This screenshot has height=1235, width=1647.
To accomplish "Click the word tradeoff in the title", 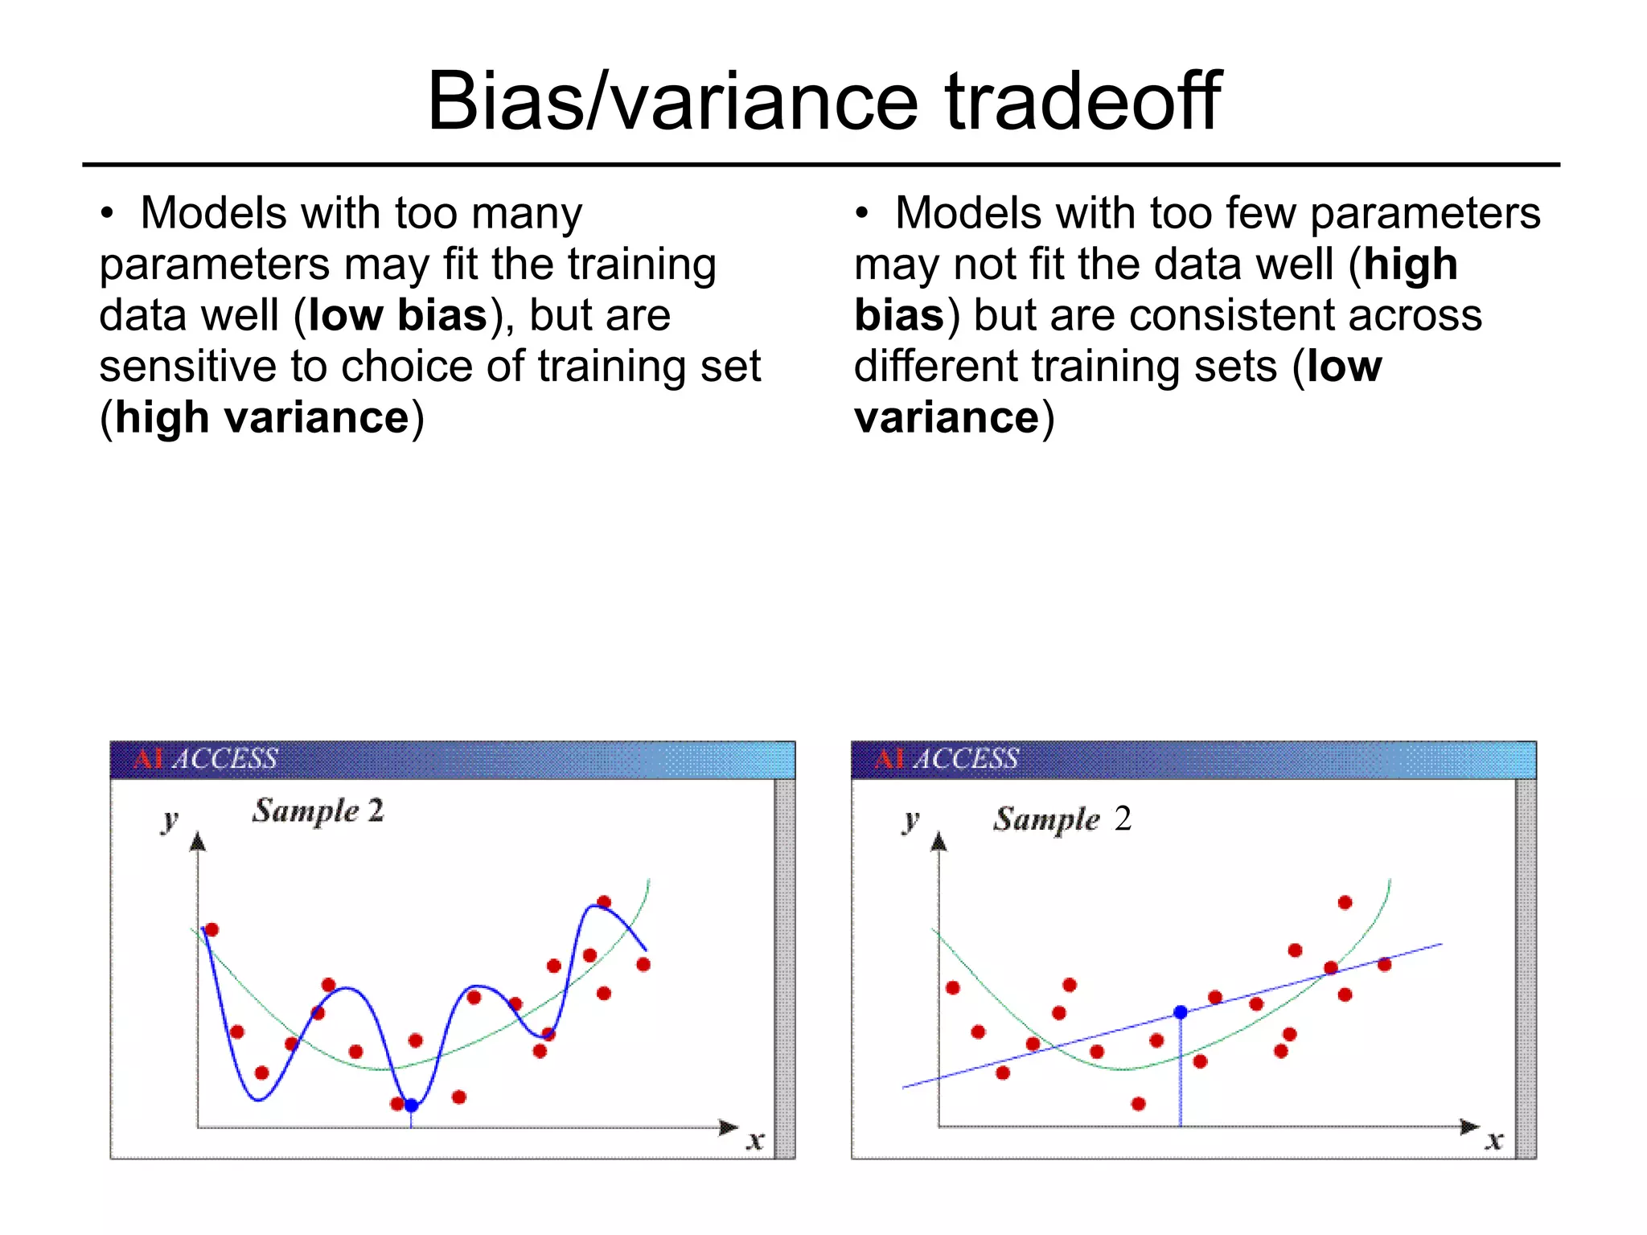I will pyautogui.click(x=1082, y=102).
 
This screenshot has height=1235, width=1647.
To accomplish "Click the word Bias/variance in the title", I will pyautogui.click(x=672, y=102).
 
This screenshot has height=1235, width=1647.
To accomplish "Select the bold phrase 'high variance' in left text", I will pyautogui.click(x=262, y=418).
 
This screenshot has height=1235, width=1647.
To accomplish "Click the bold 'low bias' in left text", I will pyautogui.click(x=398, y=315).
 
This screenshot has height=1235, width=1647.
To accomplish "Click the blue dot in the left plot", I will pyautogui.click(x=411, y=1106).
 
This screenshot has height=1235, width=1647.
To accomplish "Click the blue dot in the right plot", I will pyautogui.click(x=1181, y=1012).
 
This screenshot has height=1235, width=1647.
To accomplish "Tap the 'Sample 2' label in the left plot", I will pyautogui.click(x=318, y=811).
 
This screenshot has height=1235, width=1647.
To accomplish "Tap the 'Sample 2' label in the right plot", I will pyautogui.click(x=1062, y=819).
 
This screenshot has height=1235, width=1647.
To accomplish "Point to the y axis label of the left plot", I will pyautogui.click(x=170, y=821).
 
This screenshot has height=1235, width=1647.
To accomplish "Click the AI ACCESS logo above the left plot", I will pyautogui.click(x=206, y=759).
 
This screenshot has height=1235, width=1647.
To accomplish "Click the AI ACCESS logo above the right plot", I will pyautogui.click(x=947, y=759).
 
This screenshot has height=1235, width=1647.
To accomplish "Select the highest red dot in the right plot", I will pyautogui.click(x=1345, y=903).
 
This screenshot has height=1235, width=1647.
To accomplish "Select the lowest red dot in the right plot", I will pyautogui.click(x=1138, y=1104).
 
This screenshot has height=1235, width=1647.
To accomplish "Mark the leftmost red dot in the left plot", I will pyautogui.click(x=212, y=930).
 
